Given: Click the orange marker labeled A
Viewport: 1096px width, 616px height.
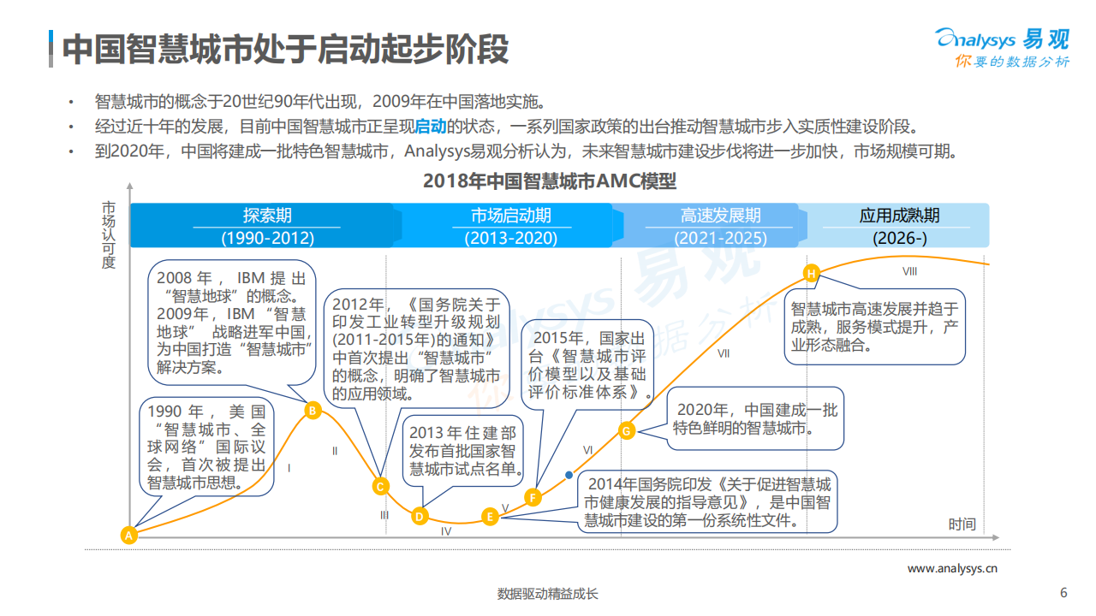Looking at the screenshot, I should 129,536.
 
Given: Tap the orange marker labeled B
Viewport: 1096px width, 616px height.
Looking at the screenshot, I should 313,411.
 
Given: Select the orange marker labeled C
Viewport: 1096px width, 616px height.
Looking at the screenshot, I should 381,486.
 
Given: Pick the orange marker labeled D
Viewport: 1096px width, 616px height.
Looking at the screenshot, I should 420,516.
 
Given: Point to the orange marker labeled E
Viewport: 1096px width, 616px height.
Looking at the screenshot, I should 490,516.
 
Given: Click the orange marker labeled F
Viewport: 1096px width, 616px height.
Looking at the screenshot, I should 533,497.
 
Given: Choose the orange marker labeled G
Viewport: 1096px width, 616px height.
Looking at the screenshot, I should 627,430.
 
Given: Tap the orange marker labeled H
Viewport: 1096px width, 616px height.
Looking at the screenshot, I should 811,273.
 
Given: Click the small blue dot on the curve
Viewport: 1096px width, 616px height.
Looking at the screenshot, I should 569,474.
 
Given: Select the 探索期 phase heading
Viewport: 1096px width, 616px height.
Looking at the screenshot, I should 267,216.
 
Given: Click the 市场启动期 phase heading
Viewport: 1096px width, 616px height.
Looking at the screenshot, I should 510,216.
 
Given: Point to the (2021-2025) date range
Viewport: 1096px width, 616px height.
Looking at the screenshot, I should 720,239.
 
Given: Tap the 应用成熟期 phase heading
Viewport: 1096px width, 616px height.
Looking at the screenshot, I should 899,216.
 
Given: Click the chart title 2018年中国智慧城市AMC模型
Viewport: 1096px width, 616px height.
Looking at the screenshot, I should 550,181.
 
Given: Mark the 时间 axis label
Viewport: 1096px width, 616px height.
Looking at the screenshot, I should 962,524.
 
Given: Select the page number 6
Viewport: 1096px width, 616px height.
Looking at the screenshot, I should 1063,593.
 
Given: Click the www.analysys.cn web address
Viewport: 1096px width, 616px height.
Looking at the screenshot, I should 952,568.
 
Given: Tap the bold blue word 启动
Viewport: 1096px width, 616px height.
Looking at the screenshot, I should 431,127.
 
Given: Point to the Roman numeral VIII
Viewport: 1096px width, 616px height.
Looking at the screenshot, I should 910,271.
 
